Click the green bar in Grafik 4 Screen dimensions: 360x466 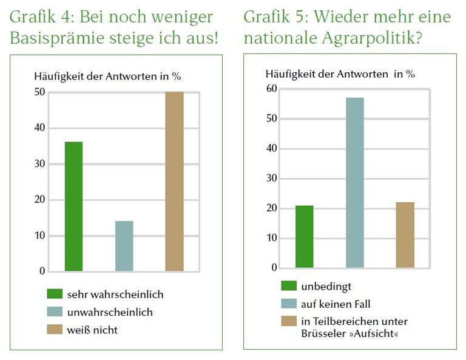[73, 206]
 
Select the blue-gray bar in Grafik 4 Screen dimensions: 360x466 [124, 246]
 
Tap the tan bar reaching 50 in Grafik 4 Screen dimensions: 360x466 [174, 182]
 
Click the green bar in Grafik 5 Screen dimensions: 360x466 [305, 237]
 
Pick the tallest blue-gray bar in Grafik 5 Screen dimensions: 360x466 [355, 182]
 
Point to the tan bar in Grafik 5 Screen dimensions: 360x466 [405, 235]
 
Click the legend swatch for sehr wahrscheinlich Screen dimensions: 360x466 [55, 294]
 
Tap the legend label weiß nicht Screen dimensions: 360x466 [93, 330]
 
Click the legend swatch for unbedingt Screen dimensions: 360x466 [289, 286]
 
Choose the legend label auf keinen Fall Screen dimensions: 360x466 [335, 304]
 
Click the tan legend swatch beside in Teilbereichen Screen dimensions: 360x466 [289, 321]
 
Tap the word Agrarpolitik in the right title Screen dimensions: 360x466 [364, 39]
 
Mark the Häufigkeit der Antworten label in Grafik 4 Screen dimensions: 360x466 [107, 76]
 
